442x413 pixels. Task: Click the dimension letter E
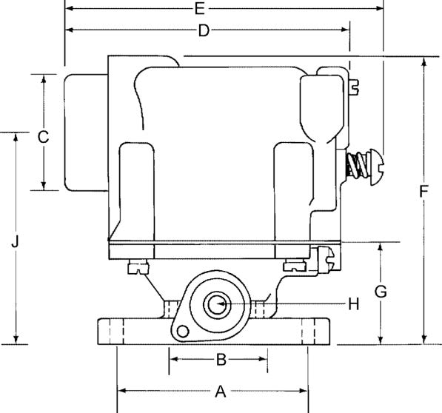pyautogui.click(x=199, y=9)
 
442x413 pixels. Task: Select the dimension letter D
pyautogui.click(x=204, y=30)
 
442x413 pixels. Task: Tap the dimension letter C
pyautogui.click(x=43, y=136)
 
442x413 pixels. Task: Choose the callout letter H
pyautogui.click(x=353, y=303)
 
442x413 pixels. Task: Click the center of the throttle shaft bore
pyautogui.click(x=218, y=303)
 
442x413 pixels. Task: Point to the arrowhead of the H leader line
pyautogui.click(x=224, y=303)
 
